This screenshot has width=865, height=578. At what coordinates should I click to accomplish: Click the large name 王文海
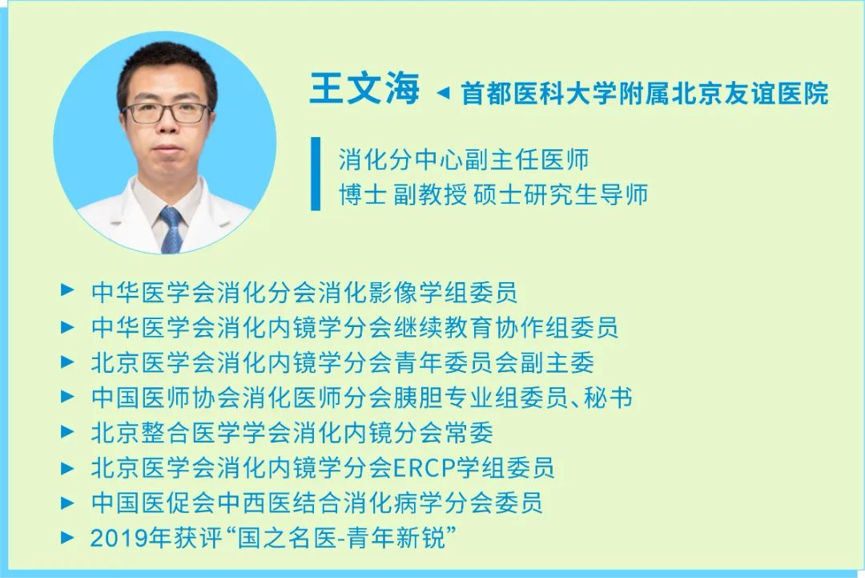364,89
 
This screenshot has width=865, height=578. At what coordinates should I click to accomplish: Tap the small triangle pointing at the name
443,93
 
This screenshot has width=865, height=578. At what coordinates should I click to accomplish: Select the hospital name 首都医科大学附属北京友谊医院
644,93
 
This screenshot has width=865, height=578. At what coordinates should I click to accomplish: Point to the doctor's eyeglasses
167,112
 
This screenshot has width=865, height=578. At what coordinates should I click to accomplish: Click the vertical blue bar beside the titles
316,174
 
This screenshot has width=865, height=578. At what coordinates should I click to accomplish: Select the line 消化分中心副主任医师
464,160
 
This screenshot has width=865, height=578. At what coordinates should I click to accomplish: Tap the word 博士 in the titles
362,194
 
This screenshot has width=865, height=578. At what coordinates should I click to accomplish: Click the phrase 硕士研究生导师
561,194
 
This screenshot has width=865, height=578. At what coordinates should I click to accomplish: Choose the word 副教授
430,194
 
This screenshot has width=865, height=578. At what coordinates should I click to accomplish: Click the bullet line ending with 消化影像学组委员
304,292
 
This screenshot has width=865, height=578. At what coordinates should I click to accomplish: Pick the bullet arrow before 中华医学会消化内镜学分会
67,327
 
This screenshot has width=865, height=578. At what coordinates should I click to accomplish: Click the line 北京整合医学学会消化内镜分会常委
292,432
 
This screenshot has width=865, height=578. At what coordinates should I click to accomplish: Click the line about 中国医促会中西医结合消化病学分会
316,503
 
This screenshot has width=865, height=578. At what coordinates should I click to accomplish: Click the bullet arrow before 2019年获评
67,537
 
